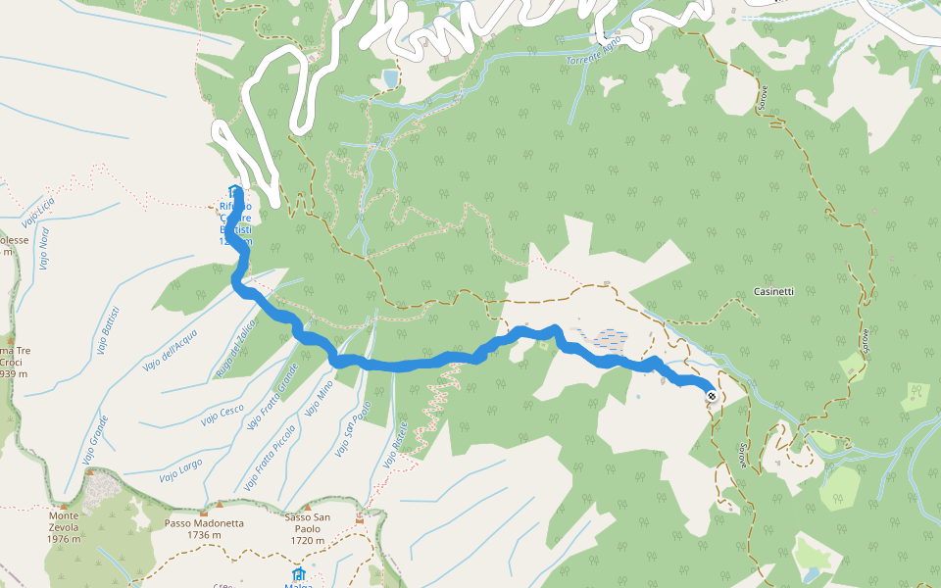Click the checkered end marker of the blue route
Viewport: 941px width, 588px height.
(711, 396)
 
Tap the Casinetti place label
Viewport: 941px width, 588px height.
(774, 292)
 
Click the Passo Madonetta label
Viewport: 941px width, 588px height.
(204, 523)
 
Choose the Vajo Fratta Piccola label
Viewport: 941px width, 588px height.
(270, 457)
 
